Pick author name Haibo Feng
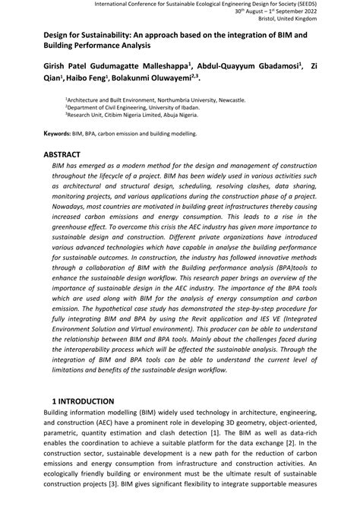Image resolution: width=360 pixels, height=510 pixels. [90, 77]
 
